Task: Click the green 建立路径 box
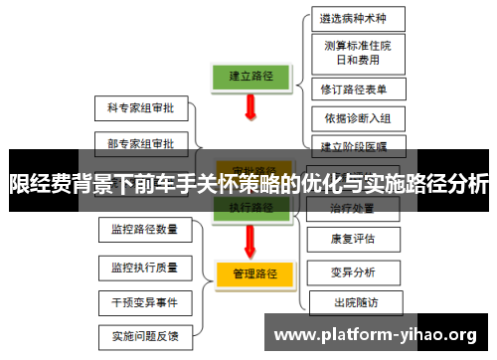(251, 76)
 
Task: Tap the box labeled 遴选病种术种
(354, 18)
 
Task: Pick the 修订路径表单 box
(354, 89)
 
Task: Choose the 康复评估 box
(353, 239)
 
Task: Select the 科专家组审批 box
(139, 105)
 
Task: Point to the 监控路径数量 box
(144, 230)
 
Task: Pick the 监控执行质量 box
(144, 267)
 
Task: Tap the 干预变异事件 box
(144, 301)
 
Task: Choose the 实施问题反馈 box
(144, 335)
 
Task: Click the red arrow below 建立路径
(249, 117)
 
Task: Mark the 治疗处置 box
(353, 208)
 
